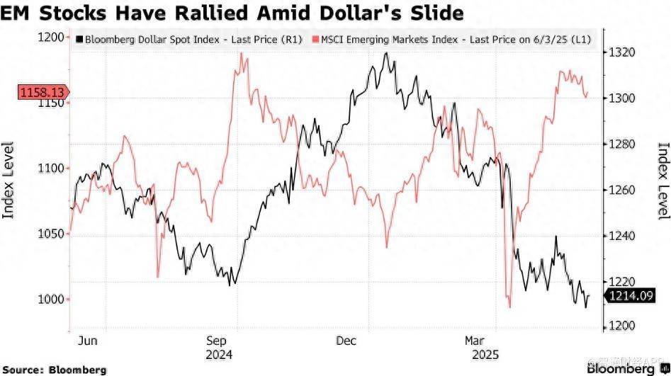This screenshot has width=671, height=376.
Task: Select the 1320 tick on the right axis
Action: pos(616,52)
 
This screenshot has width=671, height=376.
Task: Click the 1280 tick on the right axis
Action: pos(616,144)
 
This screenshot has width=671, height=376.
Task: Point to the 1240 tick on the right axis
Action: pos(616,236)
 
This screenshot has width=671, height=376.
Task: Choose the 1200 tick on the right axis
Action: pos(616,326)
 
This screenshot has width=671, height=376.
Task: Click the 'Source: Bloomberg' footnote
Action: pos(54,370)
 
